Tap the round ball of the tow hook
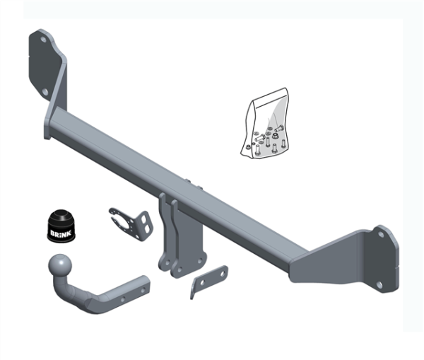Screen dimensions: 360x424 click(x=60, y=267)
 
